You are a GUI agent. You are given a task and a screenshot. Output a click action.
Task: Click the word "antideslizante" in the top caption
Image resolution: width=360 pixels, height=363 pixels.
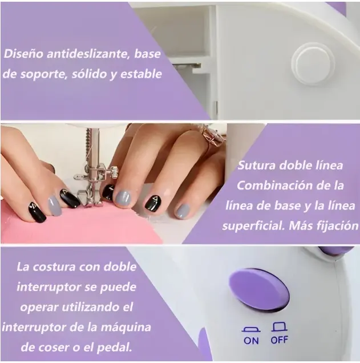pos(86,54)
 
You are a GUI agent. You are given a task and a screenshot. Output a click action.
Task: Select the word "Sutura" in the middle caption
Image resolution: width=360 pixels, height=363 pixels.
pos(256,166)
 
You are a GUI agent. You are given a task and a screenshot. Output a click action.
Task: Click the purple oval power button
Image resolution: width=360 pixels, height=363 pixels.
pos(259,291)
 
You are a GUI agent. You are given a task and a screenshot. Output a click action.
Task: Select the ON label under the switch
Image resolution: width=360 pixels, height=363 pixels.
pos(251,341)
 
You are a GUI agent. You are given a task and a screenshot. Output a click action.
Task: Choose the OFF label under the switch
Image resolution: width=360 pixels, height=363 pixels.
pos(280,340)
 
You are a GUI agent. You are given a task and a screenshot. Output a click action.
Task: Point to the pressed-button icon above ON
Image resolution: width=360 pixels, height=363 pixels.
pos(251,330)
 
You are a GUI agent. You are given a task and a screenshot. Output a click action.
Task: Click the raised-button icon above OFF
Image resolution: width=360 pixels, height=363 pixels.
pos(280,326)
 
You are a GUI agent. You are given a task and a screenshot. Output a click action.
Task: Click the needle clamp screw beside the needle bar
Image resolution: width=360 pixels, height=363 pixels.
pos(114,172)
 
